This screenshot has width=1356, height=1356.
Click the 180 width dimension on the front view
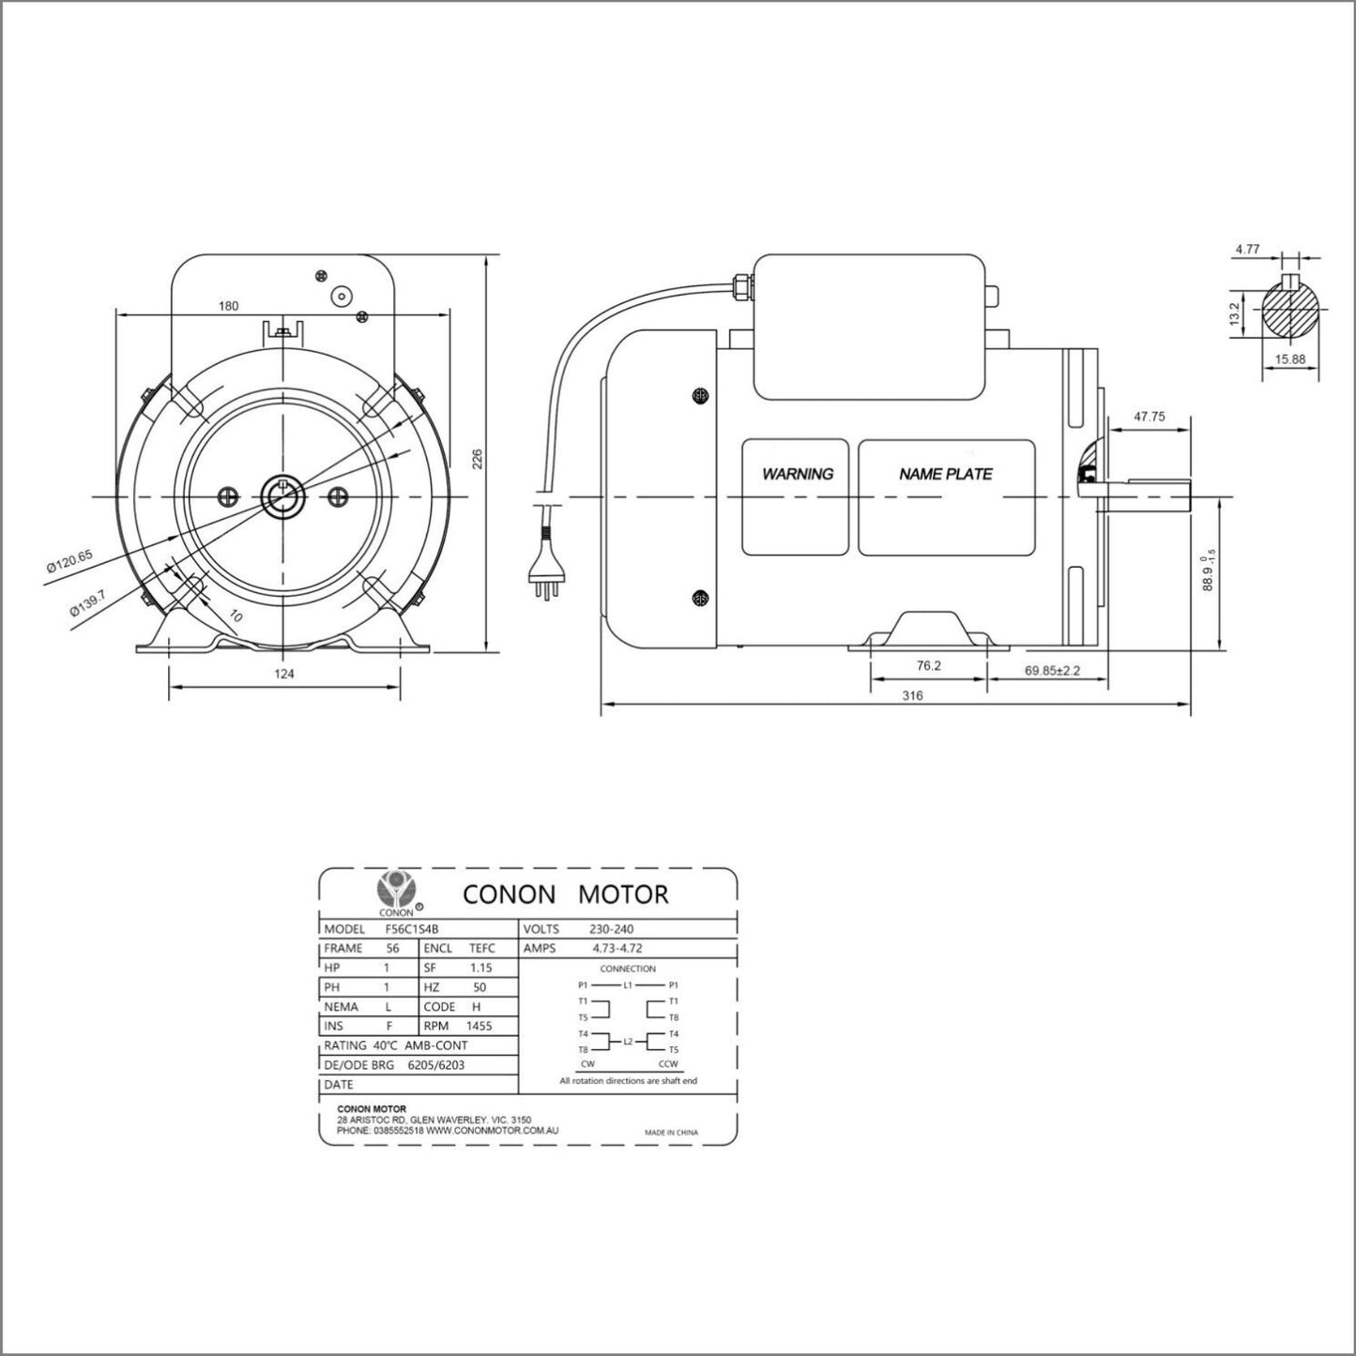tap(228, 306)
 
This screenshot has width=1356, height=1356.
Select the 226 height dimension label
tap(477, 458)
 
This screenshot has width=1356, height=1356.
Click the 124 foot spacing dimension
tap(284, 674)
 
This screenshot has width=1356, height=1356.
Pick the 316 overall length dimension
tap(911, 695)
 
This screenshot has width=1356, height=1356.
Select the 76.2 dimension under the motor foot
tap(928, 665)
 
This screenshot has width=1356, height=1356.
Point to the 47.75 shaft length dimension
tap(1149, 417)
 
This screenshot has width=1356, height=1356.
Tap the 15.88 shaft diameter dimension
tap(1290, 358)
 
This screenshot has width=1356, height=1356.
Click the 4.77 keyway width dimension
tap(1247, 250)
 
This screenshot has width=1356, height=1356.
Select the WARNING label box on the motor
tap(798, 496)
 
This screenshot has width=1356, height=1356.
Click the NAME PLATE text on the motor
tap(945, 475)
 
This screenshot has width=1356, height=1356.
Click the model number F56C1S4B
tap(411, 929)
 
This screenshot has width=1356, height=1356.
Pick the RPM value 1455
tap(479, 1026)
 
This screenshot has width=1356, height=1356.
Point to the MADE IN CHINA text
tap(671, 1133)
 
